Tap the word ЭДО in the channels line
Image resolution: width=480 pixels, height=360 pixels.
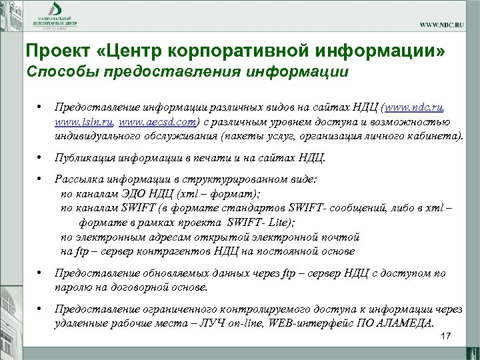coord(133,194)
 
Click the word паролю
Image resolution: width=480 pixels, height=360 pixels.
coord(73,287)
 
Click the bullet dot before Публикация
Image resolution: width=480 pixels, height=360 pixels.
coord(41,158)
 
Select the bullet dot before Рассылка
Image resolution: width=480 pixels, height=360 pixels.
coord(41,179)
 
